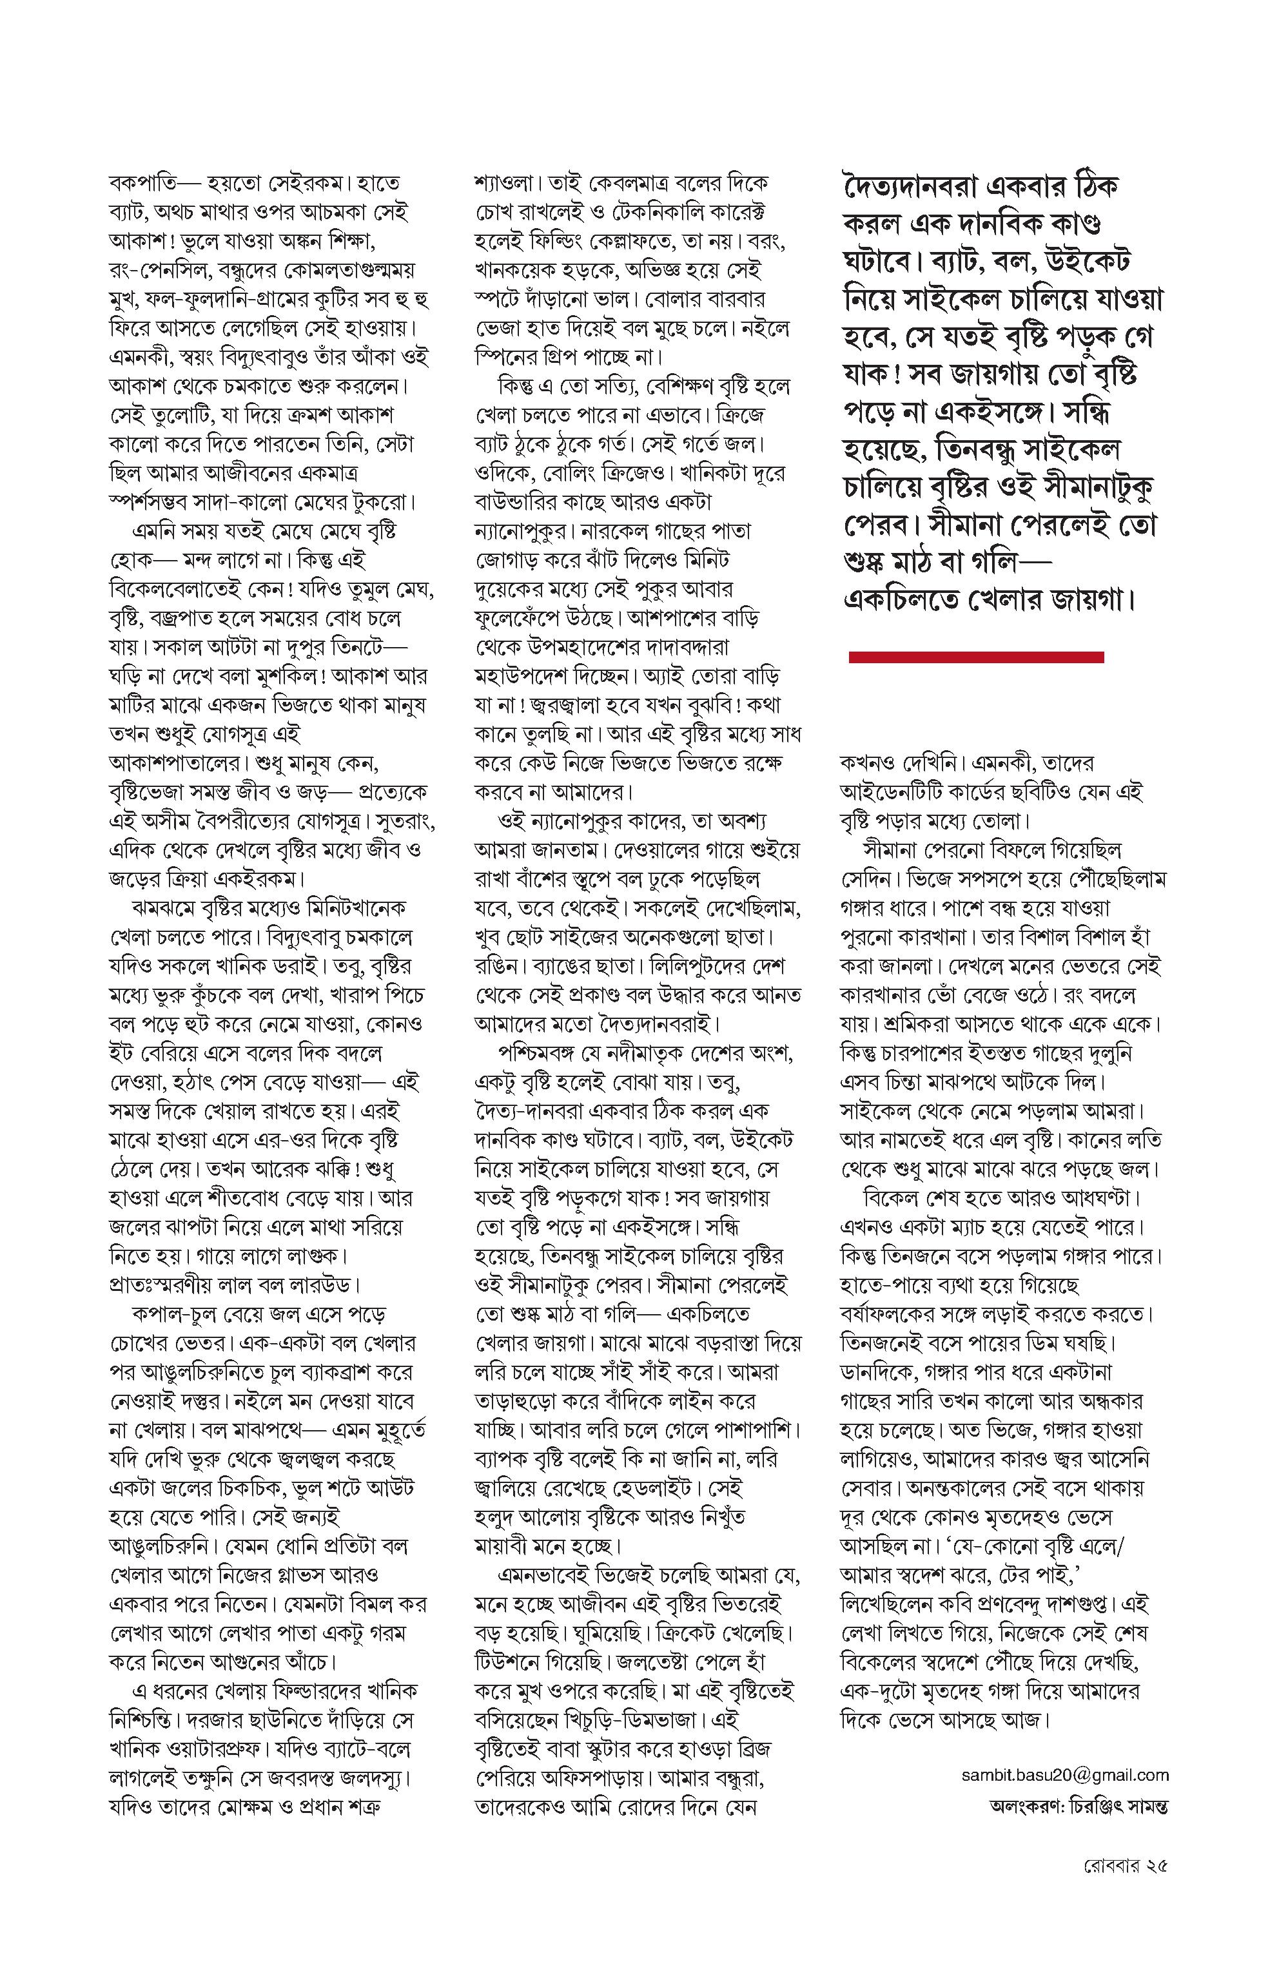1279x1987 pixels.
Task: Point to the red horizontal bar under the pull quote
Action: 976,657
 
